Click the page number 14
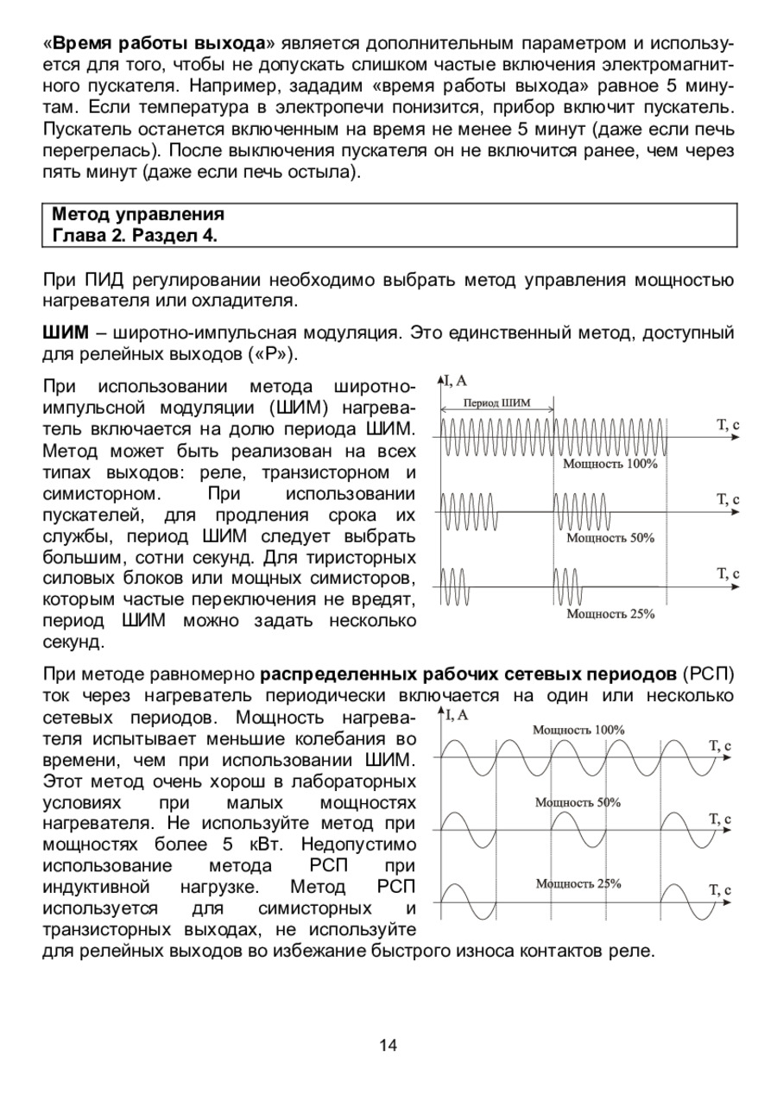coord(388,1046)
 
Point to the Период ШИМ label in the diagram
coord(497,402)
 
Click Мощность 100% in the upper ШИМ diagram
coord(610,464)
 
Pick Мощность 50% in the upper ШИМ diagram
coord(610,538)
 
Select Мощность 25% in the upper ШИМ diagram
coord(610,614)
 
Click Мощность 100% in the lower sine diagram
coord(578,730)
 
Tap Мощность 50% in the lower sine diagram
coord(578,802)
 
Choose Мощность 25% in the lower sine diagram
coord(578,883)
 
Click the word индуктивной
coord(97,888)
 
